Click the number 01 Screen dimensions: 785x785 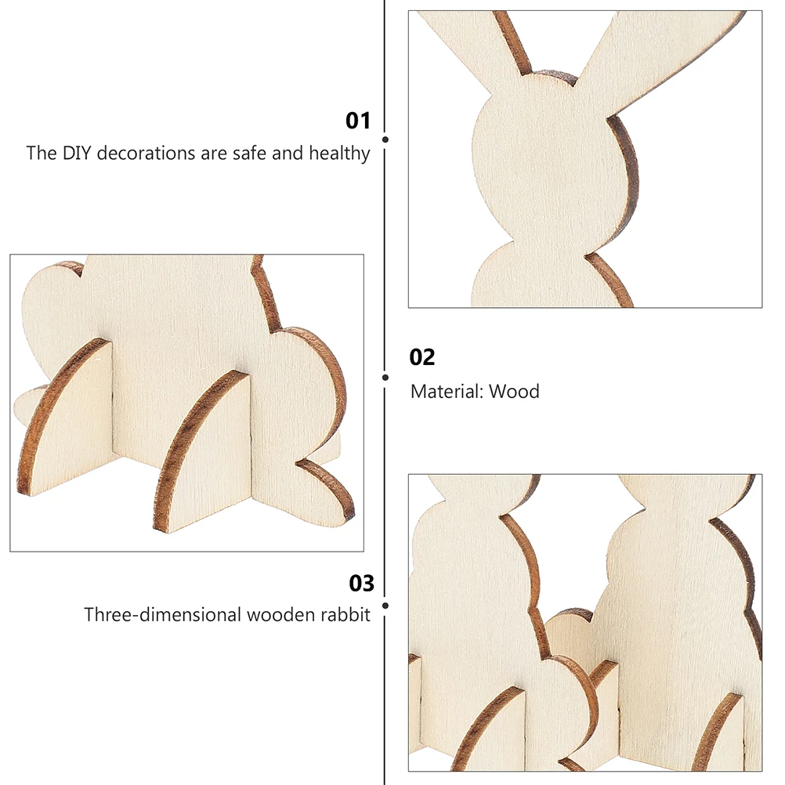tap(358, 121)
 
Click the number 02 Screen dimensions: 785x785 tap(422, 357)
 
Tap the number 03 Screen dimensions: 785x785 tap(362, 584)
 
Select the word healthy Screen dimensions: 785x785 tap(339, 153)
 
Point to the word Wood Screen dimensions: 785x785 tap(515, 391)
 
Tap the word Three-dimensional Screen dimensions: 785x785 tap(163, 615)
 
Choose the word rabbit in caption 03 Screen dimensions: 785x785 tap(343, 615)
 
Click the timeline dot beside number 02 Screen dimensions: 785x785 tap(385, 377)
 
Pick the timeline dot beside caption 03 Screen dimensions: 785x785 tap(385, 605)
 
